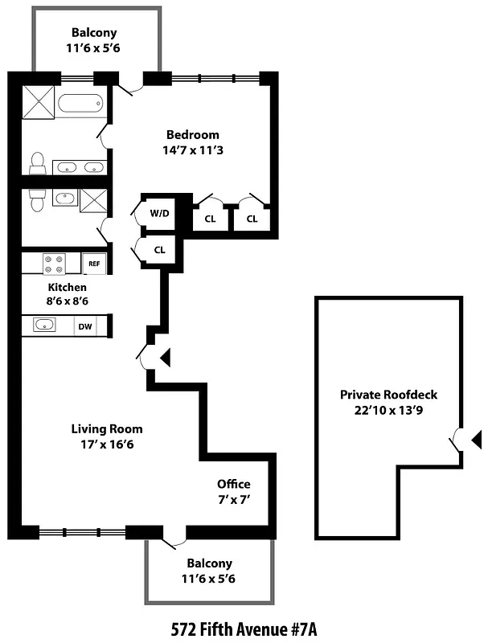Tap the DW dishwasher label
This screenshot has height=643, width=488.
[84, 326]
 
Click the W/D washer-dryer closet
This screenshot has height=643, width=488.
[159, 214]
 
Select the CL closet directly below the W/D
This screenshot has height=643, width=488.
[159, 250]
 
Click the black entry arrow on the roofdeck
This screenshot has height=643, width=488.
[475, 439]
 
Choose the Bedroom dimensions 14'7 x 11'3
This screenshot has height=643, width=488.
[192, 149]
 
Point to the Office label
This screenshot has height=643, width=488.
[233, 484]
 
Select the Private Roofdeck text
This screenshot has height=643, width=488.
[388, 395]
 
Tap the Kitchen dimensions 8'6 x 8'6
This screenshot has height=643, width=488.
[68, 301]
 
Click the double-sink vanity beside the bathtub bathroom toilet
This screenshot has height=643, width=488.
[80, 168]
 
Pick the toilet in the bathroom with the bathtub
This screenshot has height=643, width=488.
[37, 164]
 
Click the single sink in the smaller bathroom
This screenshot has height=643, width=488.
[64, 198]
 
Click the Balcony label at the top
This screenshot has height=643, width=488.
[94, 33]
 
